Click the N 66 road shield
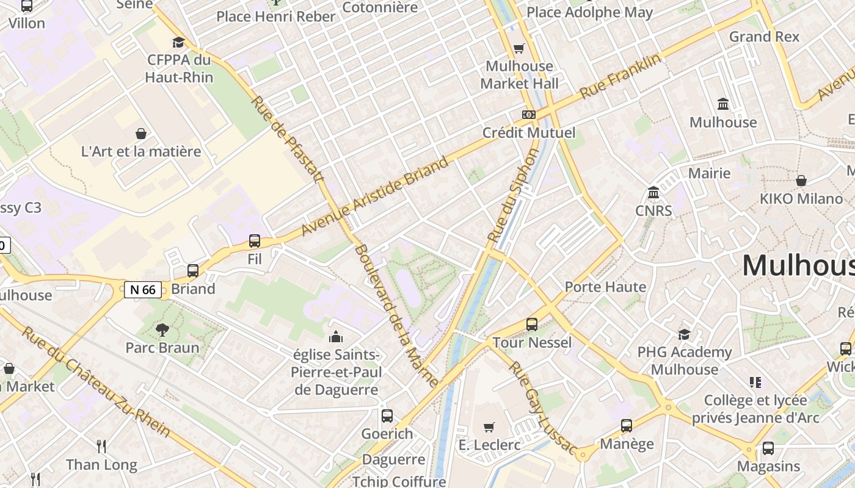(143, 290)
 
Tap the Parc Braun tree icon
(162, 330)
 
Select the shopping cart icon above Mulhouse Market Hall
(519, 48)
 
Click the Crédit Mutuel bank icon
(528, 114)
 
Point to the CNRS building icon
(653, 193)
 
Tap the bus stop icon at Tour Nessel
(532, 325)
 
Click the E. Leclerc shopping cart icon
(489, 427)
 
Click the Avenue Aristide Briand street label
(375, 196)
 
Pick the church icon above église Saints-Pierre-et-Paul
(335, 337)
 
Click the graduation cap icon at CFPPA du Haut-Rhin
(178, 42)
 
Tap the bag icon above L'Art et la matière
(141, 133)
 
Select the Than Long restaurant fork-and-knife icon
(101, 447)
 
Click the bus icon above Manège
(627, 426)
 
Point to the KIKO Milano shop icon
(801, 181)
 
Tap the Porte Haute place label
(605, 287)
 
